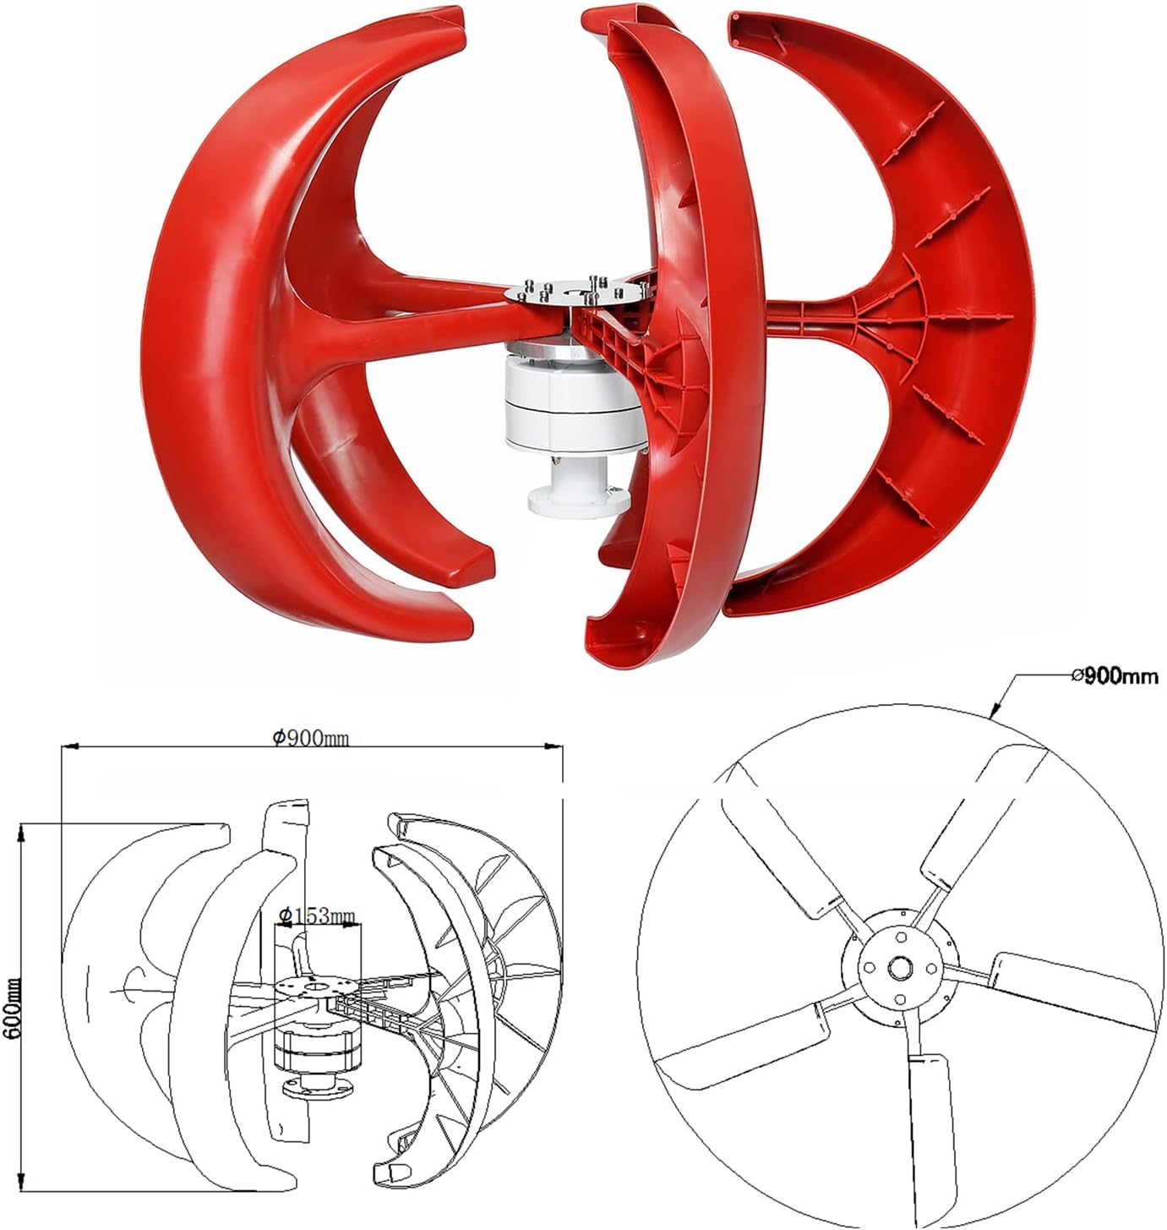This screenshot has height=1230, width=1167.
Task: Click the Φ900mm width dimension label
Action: [x=310, y=738]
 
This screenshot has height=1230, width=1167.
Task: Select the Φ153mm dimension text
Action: [x=317, y=916]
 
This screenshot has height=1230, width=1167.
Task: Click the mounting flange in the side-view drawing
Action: [x=316, y=1086]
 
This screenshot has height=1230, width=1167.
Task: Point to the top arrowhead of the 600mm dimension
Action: [x=22, y=831]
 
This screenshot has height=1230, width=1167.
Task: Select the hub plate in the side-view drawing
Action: [x=317, y=988]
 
